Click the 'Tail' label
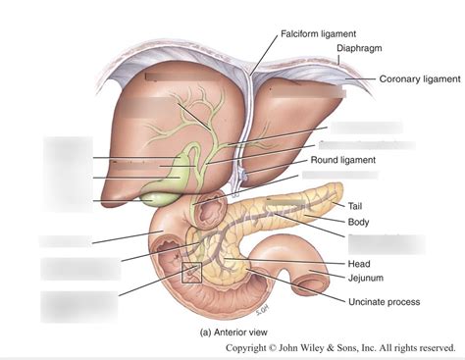pos(359,206)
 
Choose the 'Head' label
pos(360,263)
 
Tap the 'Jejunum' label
pos(369,279)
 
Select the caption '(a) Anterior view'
pos(239,332)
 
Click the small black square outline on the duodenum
pos(191,273)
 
